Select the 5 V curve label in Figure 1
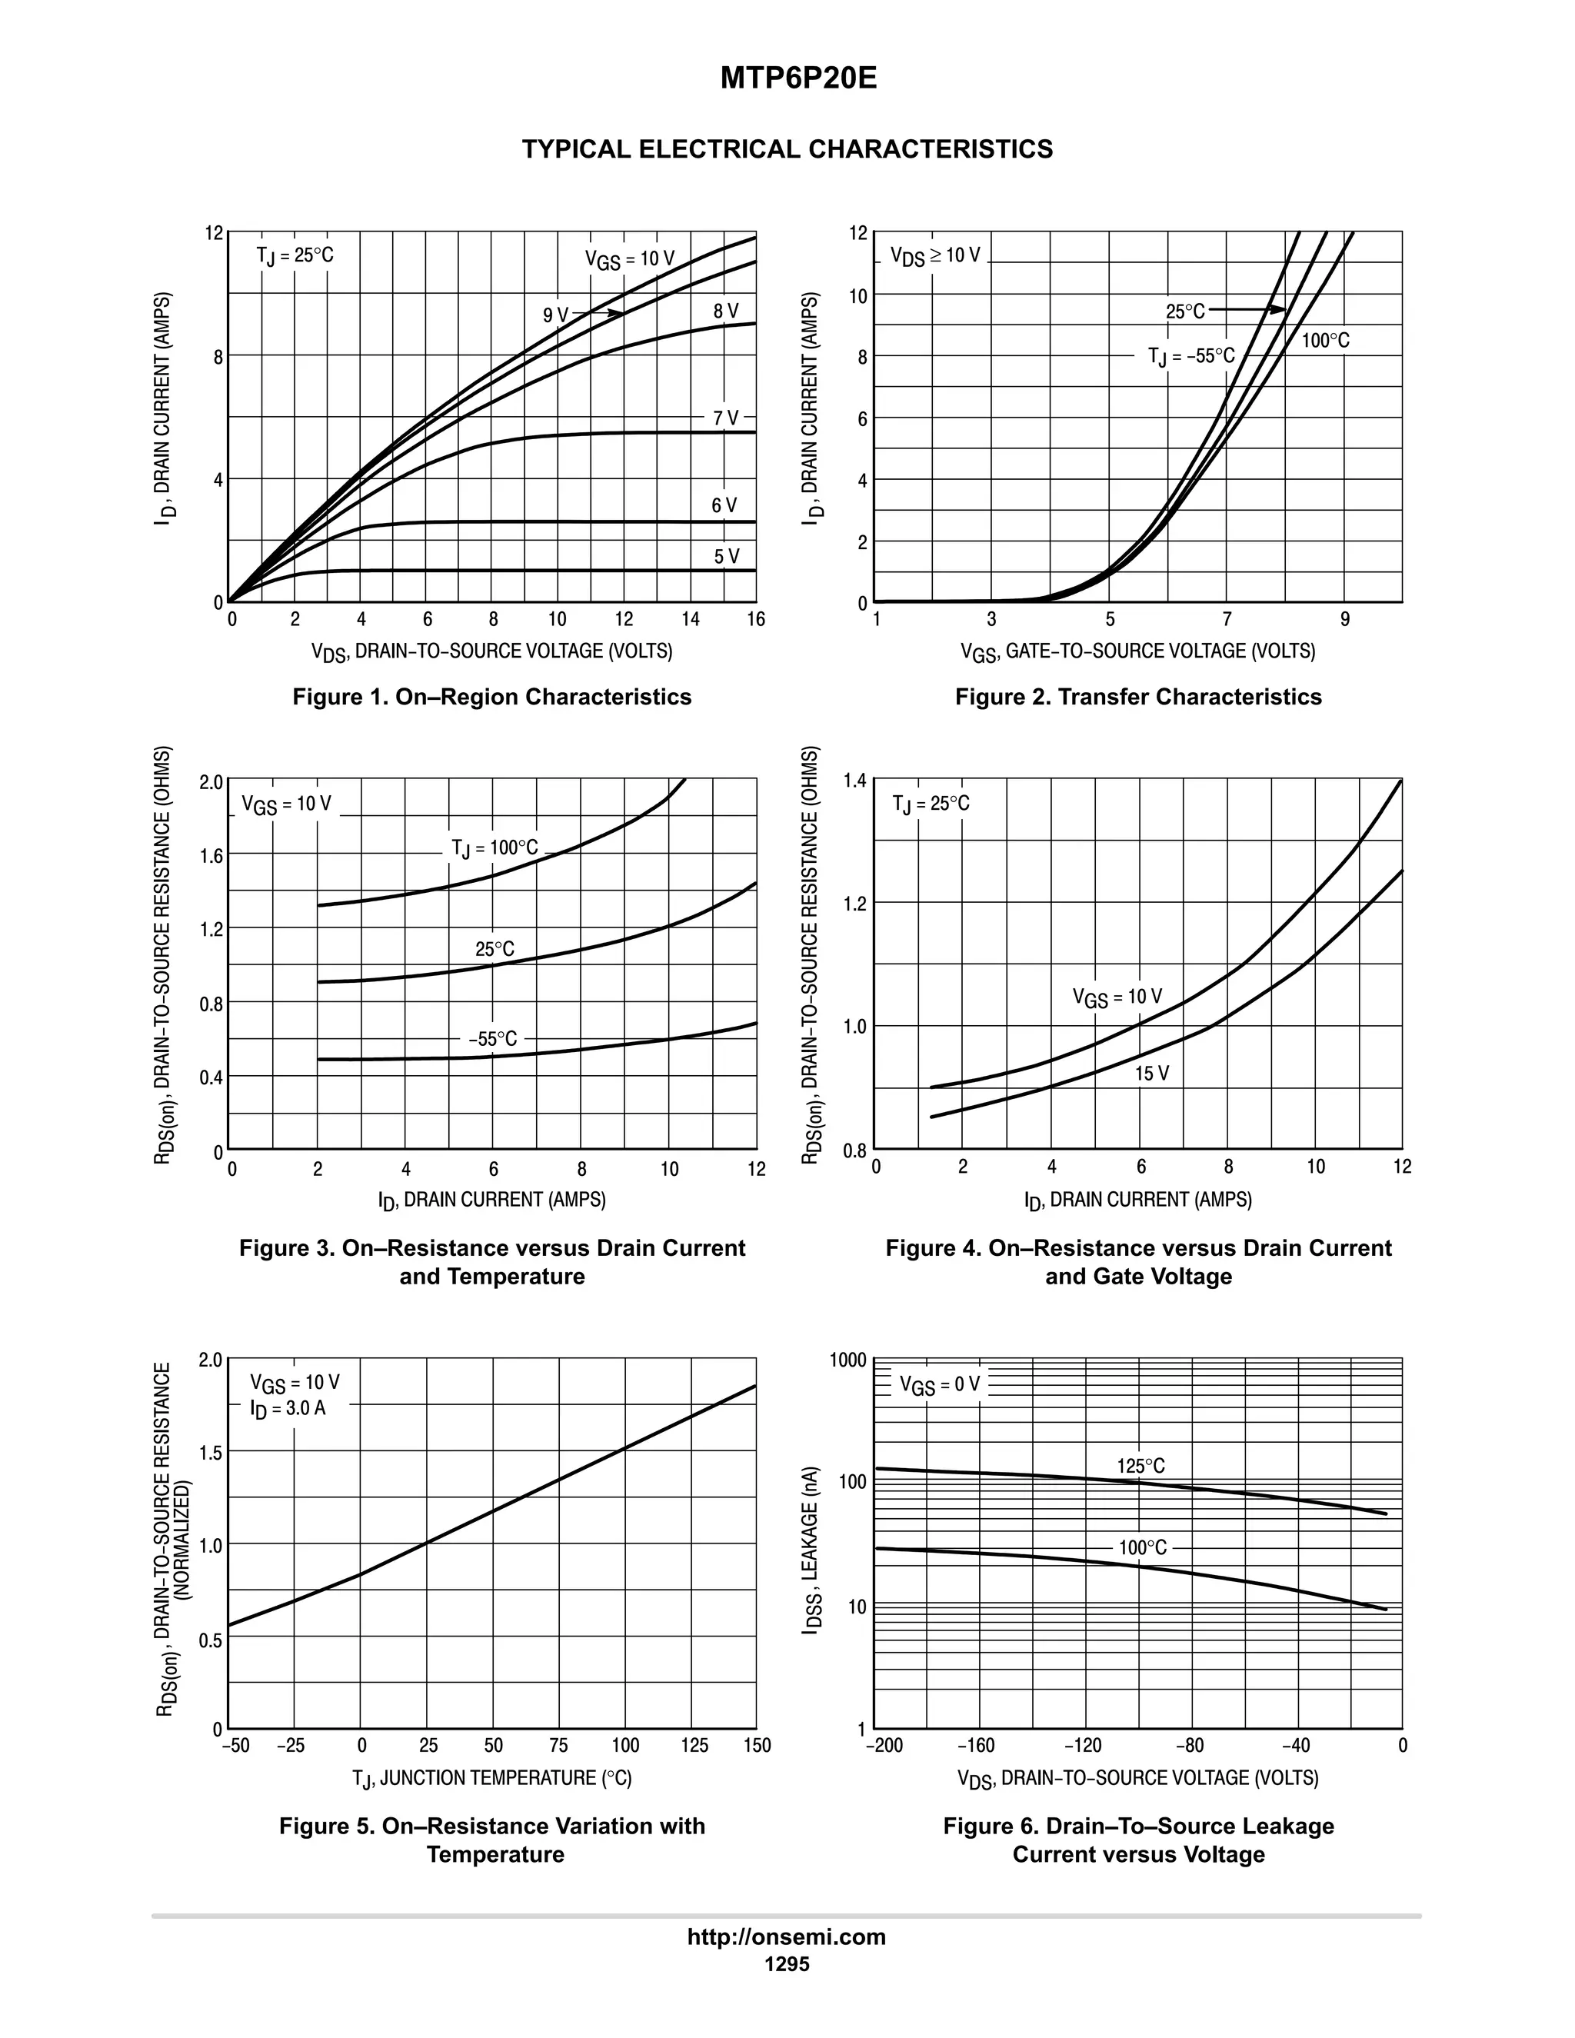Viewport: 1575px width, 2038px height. coord(726,556)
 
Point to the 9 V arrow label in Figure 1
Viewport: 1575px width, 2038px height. coord(555,315)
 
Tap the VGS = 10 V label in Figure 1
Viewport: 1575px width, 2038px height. coord(630,259)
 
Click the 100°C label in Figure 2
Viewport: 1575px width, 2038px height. coord(1325,341)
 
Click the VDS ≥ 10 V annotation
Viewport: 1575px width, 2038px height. coord(935,255)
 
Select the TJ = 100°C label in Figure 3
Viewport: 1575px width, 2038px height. coord(494,848)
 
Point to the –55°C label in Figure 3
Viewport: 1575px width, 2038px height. coord(493,1038)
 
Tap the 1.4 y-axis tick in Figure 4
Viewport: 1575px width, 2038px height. coord(854,780)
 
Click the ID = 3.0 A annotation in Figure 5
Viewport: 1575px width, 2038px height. coord(288,1408)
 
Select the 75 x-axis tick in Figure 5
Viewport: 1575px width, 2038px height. coord(559,1745)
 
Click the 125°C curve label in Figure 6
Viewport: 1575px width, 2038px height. coord(1140,1466)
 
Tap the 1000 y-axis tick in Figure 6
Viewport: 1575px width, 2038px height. coord(847,1360)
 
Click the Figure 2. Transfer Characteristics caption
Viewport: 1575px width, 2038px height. coord(1137,697)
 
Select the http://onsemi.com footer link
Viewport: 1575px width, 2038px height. coord(787,1937)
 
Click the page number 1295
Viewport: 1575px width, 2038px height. coord(787,1964)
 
